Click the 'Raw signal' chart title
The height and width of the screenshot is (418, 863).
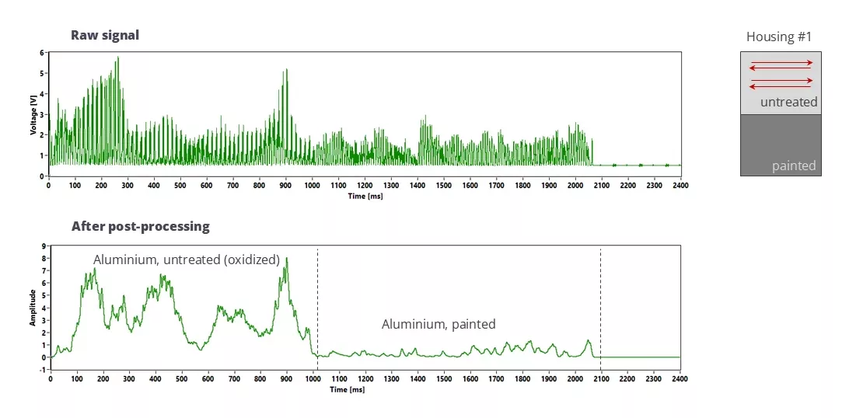[x=104, y=35]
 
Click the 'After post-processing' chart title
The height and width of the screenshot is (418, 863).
[x=140, y=227]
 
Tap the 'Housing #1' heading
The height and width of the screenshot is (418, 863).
[x=779, y=37]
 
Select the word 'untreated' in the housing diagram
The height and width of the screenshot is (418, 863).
[x=788, y=102]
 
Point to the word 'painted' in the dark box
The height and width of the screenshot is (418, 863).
[x=794, y=165]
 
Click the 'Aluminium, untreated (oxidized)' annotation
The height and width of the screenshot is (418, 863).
[x=187, y=260]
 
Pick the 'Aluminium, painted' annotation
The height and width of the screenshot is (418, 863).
[x=438, y=324]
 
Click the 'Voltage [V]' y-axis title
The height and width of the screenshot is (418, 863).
[x=33, y=114]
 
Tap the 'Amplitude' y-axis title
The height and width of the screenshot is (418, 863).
[x=33, y=308]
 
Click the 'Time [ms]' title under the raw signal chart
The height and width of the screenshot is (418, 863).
[x=365, y=196]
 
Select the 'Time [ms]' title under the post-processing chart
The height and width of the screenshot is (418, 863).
[x=365, y=389]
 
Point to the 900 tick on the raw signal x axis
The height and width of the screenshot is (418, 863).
[x=285, y=186]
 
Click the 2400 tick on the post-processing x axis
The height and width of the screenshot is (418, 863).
[x=680, y=380]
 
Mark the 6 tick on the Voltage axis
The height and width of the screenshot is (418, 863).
[x=42, y=53]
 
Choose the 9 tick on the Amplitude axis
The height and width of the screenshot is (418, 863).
[x=43, y=246]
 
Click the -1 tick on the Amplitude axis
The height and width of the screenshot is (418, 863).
[x=42, y=370]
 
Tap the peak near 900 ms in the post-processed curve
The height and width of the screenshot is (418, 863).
[x=286, y=259]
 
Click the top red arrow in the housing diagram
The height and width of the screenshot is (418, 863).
[x=781, y=62]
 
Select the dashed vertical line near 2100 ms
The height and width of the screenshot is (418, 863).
[x=601, y=311]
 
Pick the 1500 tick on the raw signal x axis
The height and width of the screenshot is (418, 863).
[x=443, y=186]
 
